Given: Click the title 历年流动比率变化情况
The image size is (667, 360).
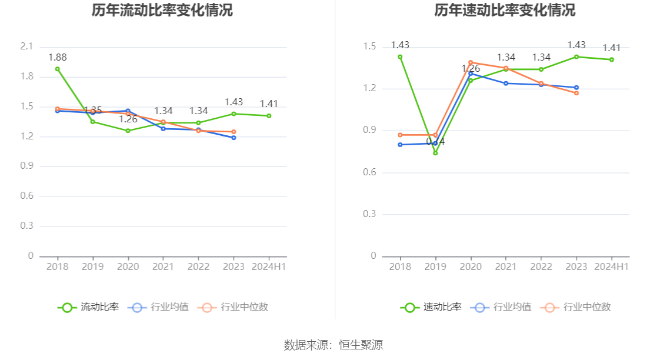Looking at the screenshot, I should [162, 10].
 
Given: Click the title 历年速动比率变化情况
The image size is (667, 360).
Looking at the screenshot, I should [505, 10].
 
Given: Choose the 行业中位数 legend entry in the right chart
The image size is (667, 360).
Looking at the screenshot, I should [578, 307].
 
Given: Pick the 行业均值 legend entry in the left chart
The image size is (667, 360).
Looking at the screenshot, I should [160, 307].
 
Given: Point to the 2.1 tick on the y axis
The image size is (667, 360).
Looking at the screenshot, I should [26, 46].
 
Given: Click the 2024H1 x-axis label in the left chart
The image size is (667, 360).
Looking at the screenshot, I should [269, 266].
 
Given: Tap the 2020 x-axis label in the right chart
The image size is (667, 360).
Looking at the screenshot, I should [471, 266].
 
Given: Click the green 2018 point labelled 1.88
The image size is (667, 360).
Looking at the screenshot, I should [57, 69].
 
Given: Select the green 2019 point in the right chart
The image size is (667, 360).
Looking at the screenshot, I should [435, 153].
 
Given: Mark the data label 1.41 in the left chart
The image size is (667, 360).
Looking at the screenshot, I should [269, 104].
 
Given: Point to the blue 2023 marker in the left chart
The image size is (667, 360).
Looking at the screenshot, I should [234, 138].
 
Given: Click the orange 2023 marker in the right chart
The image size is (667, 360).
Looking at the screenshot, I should [576, 93].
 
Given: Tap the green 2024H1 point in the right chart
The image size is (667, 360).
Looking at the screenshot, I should [612, 59].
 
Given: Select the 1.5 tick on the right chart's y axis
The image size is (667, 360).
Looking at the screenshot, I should [369, 46].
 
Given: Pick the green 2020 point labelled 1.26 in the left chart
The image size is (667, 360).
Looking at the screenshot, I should [128, 131].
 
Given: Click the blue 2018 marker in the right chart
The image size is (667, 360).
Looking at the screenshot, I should [400, 145].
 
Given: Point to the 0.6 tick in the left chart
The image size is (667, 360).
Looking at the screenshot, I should [26, 196].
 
